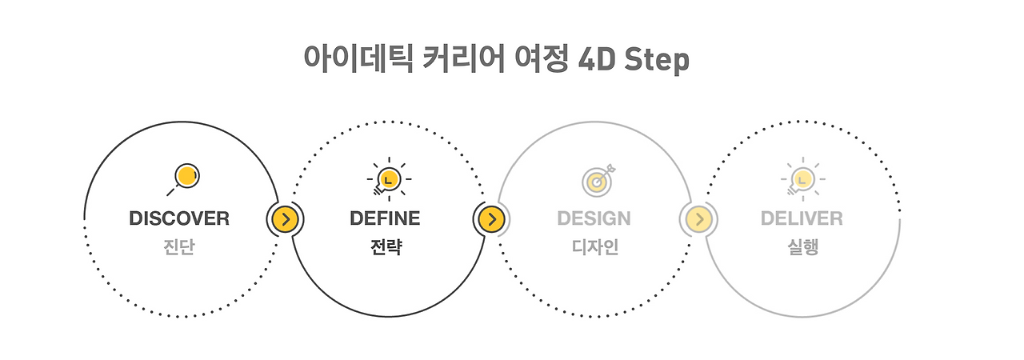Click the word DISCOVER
179,218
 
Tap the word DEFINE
385,218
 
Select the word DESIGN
594,218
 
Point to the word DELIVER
802,218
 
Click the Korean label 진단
179,248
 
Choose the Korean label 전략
385,248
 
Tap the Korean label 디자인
594,248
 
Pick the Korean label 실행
802,248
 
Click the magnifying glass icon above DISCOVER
184,178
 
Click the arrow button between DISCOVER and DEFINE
286,218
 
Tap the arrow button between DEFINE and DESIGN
492,218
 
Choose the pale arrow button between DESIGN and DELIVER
698,218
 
